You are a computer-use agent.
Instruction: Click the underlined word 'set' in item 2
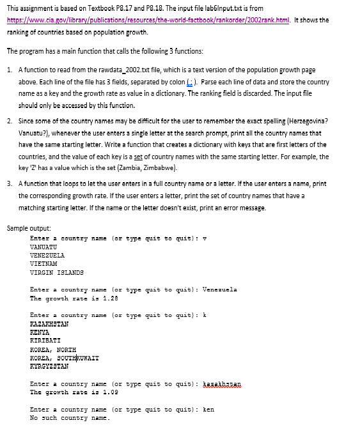tap(227, 156)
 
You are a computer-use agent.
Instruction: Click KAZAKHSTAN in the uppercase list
tap(49, 324)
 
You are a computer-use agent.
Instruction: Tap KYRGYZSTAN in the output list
tap(49, 367)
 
